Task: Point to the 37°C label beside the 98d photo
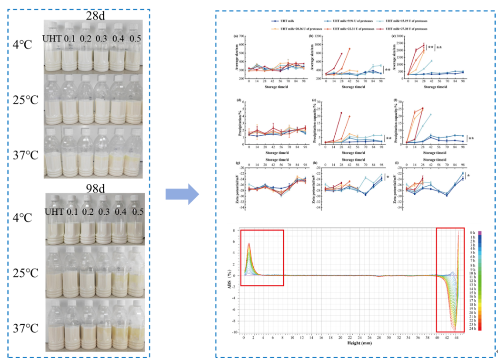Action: pyautogui.click(x=23, y=328)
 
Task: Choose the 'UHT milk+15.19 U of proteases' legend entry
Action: pyautogui.click(x=408, y=21)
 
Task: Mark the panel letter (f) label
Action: pyautogui.click(x=393, y=101)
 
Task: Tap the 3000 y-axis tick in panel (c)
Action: pyautogui.click(x=400, y=37)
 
